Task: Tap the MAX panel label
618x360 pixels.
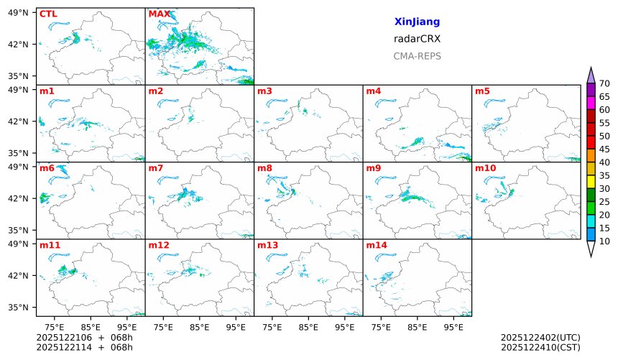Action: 159,14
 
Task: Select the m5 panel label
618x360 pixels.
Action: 482,91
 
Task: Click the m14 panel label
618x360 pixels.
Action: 377,246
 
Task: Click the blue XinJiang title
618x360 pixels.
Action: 417,22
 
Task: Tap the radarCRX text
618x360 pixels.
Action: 417,39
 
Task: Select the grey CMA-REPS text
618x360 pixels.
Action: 417,56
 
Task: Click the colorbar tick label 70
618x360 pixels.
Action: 604,84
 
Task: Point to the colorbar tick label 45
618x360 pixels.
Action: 604,149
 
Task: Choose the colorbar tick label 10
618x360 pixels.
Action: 604,241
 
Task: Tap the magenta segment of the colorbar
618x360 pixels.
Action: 591,103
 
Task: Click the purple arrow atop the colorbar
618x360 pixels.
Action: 591,75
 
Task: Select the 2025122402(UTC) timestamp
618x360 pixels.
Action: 540,337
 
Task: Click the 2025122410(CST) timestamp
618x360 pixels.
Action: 540,347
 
